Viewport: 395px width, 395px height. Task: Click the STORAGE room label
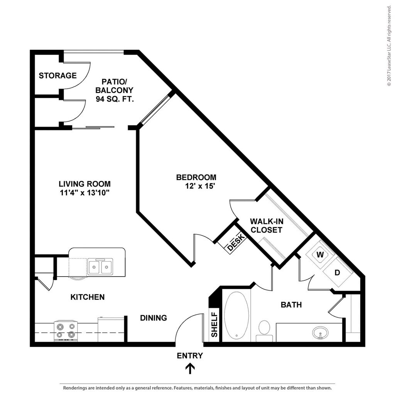coord(57,76)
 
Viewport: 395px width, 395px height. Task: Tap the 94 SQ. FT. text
coord(115,99)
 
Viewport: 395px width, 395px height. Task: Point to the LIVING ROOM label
coord(84,184)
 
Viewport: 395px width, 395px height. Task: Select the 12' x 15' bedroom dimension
coord(199,186)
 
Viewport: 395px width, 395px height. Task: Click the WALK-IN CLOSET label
coord(266,226)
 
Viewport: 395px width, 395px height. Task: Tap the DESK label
coord(235,242)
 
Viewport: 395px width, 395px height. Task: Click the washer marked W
coord(320,255)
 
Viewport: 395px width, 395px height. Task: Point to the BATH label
coord(291,305)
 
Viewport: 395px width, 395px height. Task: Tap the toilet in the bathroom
coord(264,330)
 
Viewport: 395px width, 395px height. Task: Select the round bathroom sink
coord(320,332)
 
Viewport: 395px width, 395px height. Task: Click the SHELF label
coord(214,325)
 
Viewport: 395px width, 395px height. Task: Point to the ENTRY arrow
coord(190,369)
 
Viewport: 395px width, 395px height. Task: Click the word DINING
coord(153,318)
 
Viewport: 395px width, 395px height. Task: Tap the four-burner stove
coord(66,331)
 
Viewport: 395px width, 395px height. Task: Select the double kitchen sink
coord(100,267)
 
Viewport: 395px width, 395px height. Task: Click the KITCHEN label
coord(88,297)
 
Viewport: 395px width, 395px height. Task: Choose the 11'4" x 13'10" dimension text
coord(84,192)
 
